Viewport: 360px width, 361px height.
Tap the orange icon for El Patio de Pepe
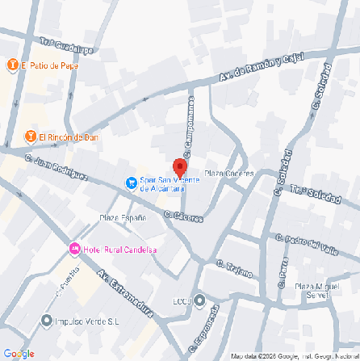(x=13, y=65)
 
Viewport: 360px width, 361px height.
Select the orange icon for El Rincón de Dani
(x=30, y=136)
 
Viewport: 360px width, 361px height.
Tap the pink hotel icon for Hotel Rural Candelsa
(x=74, y=249)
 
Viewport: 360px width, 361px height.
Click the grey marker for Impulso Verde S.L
(x=47, y=321)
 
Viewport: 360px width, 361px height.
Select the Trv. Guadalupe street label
(x=67, y=48)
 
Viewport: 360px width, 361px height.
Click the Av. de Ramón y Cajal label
(x=260, y=68)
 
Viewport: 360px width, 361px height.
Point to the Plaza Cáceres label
(x=229, y=173)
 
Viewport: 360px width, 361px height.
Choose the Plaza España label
(x=123, y=218)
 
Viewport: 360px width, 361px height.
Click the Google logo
(x=19, y=353)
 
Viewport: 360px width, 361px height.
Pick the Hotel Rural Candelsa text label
(x=120, y=249)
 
